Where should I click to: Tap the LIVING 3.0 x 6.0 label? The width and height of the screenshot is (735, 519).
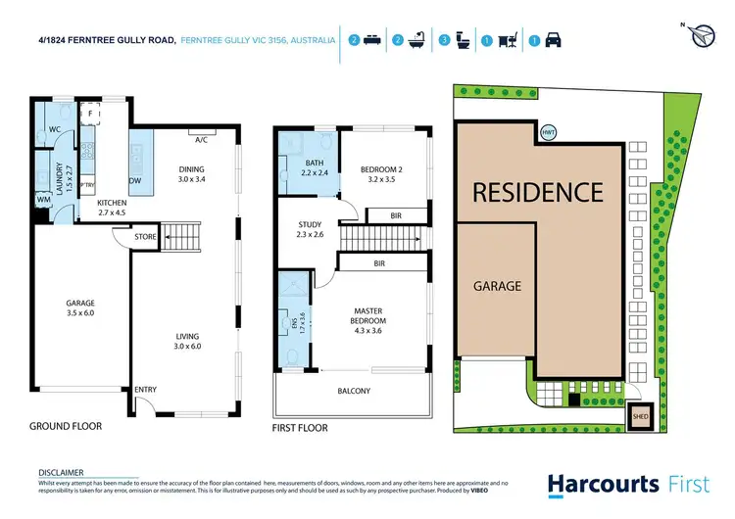click(187, 341)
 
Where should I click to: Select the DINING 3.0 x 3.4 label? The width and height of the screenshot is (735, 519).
click(191, 174)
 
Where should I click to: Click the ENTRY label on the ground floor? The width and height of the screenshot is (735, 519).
click(145, 390)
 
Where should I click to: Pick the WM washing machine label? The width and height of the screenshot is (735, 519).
click(43, 201)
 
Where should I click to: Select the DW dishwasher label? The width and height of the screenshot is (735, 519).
click(135, 181)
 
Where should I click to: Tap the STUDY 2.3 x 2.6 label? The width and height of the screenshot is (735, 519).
click(310, 230)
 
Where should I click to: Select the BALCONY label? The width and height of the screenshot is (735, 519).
click(354, 392)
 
